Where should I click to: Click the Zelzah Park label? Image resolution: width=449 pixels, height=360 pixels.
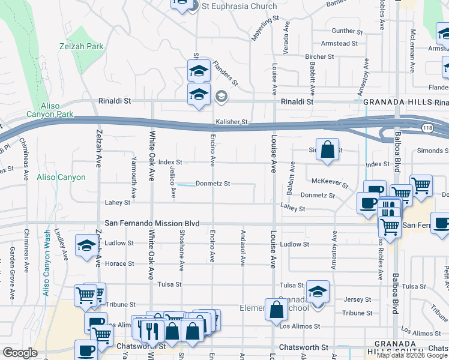point(82,46)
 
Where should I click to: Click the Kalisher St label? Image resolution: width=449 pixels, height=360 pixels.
point(232,122)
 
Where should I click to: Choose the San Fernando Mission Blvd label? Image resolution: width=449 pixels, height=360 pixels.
point(152,223)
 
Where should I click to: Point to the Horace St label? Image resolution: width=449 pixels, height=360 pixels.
point(120,263)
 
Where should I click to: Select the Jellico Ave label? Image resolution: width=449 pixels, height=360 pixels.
point(173,184)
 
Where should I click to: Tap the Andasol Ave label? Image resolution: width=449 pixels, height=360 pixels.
point(243,253)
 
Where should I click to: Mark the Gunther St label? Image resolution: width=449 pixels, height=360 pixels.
point(344,31)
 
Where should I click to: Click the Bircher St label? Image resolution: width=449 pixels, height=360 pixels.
point(319,57)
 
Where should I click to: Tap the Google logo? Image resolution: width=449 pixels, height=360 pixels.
point(20,353)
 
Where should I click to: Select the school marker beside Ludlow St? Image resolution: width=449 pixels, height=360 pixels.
point(86,245)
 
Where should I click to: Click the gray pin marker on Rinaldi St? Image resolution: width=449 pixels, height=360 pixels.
point(221,96)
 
